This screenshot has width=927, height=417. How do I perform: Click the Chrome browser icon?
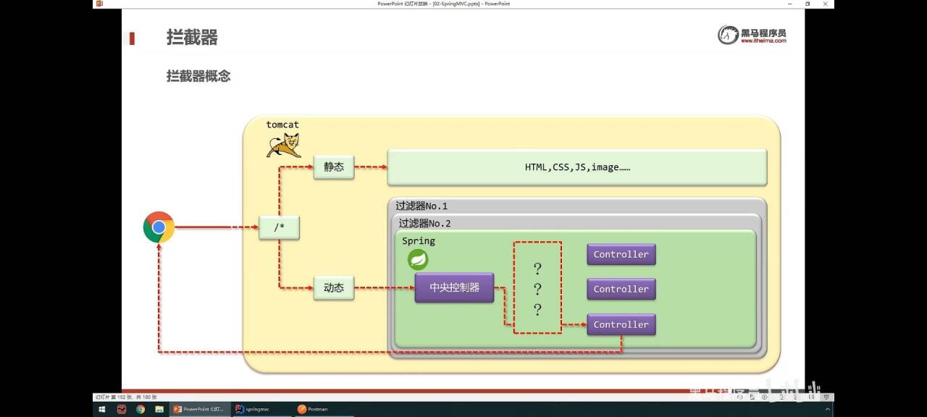(x=159, y=227)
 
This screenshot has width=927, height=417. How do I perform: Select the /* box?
(x=279, y=227)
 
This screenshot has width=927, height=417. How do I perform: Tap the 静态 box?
(x=334, y=167)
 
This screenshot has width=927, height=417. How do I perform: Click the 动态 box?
(x=334, y=287)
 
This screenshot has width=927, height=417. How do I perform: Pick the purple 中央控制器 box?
(x=454, y=287)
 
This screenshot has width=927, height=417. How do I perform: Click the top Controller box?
(x=621, y=254)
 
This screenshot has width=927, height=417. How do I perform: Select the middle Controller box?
(x=621, y=289)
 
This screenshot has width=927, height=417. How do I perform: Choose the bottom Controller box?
(x=621, y=324)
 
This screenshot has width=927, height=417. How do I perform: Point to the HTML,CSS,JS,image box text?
(x=577, y=167)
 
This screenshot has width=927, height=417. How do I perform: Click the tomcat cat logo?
(x=283, y=145)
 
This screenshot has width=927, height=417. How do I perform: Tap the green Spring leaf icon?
(x=418, y=259)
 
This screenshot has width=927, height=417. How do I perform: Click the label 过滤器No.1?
(x=421, y=206)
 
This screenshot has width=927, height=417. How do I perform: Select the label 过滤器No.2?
(x=424, y=224)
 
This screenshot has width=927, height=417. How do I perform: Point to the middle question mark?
(x=537, y=290)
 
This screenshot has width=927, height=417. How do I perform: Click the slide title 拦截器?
(x=192, y=38)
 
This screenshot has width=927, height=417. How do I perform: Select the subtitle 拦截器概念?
(x=198, y=76)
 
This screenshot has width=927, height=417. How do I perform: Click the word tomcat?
(x=282, y=125)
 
